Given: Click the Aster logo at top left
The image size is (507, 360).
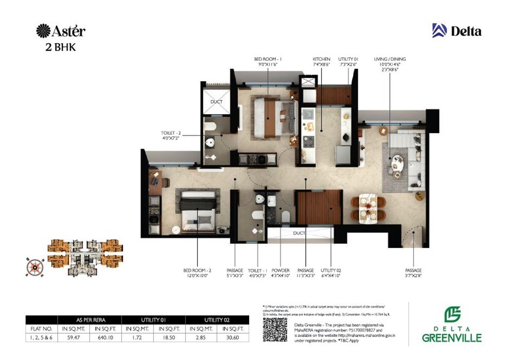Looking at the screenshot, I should tap(61, 31).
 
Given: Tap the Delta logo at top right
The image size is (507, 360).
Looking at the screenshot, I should tap(457, 31).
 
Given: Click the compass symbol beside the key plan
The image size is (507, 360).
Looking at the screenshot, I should tap(34, 266).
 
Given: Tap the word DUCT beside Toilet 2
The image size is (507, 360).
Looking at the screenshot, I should tap(216, 102).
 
